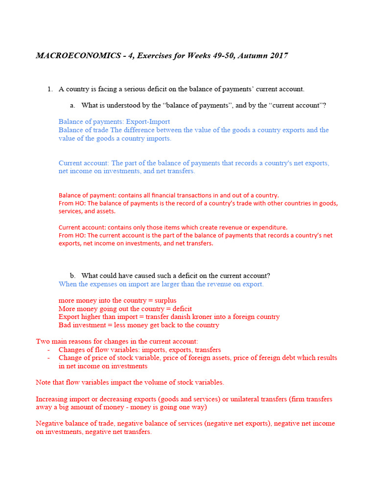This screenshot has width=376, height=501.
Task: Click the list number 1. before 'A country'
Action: click(49, 89)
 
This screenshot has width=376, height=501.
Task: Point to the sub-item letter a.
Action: click(72, 105)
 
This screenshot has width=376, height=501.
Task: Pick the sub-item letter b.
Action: click(72, 275)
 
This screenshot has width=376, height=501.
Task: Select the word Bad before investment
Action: click(65, 325)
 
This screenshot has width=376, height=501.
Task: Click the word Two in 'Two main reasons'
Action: click(43, 341)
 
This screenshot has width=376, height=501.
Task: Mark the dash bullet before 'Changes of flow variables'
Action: click(48, 350)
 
